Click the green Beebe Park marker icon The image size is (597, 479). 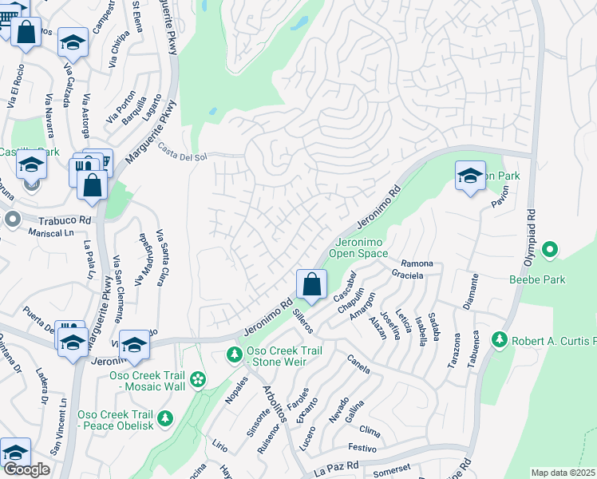point(549,251)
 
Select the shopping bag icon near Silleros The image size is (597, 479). point(310,283)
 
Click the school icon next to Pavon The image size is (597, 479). point(470,175)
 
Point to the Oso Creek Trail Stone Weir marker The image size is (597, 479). point(235,354)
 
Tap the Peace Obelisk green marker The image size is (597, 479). point(165,418)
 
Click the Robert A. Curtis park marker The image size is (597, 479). point(500,341)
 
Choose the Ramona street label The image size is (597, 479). point(417,263)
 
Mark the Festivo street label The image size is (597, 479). point(361,449)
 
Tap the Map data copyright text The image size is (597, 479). point(563,473)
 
